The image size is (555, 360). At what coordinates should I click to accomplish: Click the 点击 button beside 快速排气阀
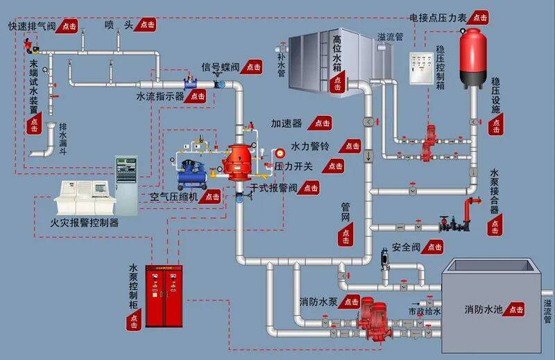(x=67, y=26)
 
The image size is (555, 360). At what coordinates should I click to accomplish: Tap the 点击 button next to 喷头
(x=145, y=24)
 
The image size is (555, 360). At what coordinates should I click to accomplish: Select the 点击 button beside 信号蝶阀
(x=251, y=67)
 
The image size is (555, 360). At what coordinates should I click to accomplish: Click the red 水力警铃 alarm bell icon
(x=280, y=153)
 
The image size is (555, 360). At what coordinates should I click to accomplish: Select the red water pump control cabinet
(x=164, y=296)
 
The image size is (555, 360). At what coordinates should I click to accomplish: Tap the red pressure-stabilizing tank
(x=473, y=58)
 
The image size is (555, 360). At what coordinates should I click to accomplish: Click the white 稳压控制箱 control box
(x=422, y=68)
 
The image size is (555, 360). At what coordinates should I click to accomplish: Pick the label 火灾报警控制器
(x=84, y=223)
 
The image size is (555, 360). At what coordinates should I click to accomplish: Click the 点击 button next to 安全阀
(x=432, y=247)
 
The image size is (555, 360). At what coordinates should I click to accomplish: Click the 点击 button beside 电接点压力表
(x=478, y=17)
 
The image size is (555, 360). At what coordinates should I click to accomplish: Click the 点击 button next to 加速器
(x=320, y=123)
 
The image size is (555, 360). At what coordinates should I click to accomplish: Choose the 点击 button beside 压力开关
(x=334, y=166)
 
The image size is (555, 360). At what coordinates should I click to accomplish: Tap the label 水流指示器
(x=160, y=96)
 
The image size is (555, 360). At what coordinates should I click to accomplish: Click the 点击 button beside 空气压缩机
(x=210, y=196)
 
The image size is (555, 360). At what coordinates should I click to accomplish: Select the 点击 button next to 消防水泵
(x=350, y=302)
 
